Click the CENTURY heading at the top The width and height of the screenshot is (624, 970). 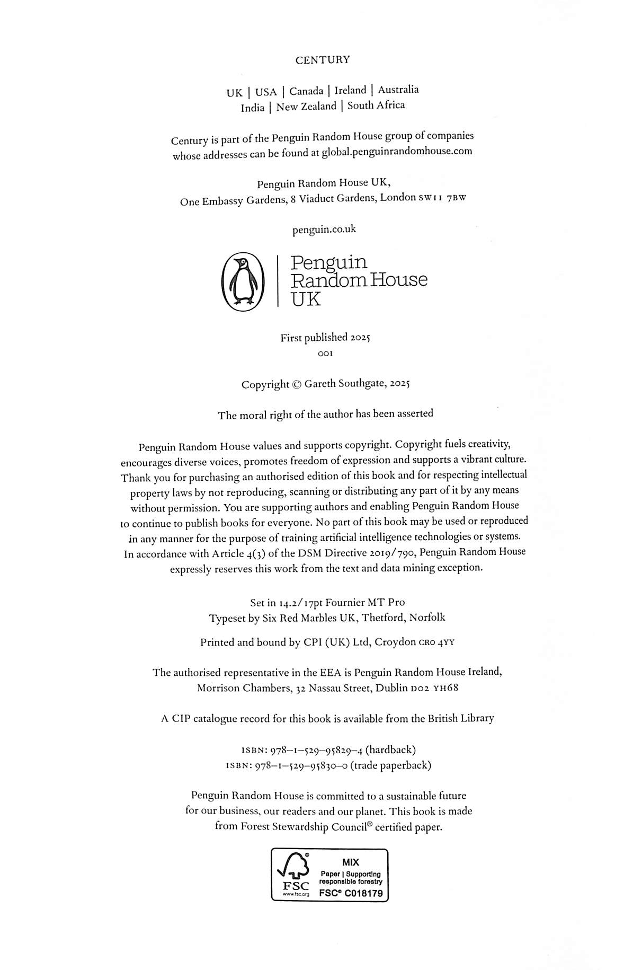pyautogui.click(x=323, y=60)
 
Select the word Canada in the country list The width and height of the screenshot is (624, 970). pyautogui.click(x=306, y=91)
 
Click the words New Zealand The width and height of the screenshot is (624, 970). pyautogui.click(x=306, y=107)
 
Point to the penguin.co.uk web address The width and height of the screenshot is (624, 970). pyautogui.click(x=324, y=229)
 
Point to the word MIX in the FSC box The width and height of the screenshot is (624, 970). pyautogui.click(x=351, y=862)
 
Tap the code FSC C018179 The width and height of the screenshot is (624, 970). pyautogui.click(x=350, y=893)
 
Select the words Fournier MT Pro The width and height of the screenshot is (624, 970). pyautogui.click(x=364, y=602)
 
